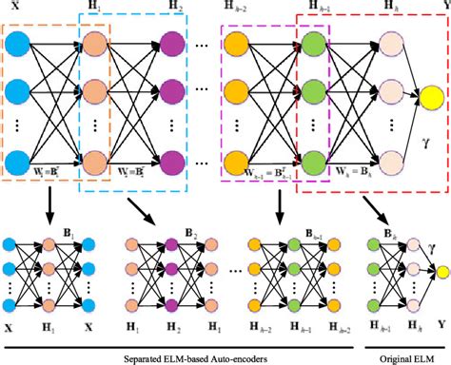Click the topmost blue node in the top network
(x=20, y=44)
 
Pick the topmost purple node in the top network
(x=173, y=44)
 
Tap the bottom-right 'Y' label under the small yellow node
(x=441, y=324)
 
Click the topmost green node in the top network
(x=313, y=44)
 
